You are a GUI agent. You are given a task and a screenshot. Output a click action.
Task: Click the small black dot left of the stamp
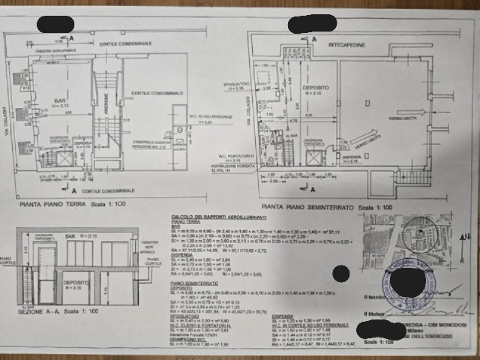tap(341, 274)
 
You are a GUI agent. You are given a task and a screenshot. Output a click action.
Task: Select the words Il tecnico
tap(373, 295)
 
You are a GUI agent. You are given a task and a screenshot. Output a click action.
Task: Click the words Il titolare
tap(373, 312)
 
